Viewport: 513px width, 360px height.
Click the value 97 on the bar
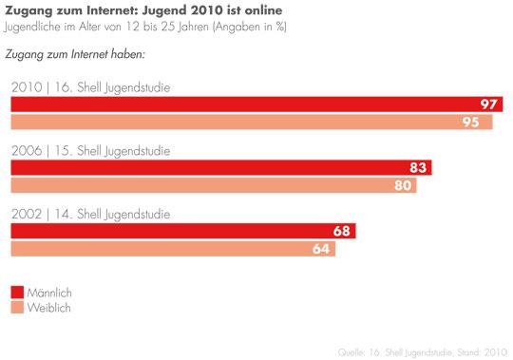coord(490,104)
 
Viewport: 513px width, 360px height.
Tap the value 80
coord(404,185)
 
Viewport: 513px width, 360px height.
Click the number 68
coord(346,231)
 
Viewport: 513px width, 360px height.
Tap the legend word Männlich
coord(51,292)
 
